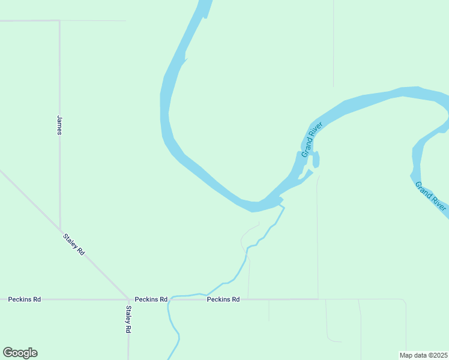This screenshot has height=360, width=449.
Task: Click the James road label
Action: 59,125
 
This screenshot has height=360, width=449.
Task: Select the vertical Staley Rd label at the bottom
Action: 128,319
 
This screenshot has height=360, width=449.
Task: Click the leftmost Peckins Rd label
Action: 24,299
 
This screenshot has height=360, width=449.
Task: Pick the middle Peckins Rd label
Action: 151,299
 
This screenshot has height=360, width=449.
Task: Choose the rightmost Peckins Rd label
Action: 223,299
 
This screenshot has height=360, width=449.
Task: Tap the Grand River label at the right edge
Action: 431,196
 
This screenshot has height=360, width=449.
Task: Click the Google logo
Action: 20,353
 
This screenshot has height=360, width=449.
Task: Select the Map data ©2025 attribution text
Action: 423,355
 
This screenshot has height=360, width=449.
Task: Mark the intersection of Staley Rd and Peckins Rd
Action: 128,299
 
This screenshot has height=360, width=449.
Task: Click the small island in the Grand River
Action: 316,160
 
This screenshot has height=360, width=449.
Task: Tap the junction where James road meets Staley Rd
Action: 60,229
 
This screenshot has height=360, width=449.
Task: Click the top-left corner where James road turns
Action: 59,21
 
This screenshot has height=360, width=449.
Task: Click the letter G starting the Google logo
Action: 8,352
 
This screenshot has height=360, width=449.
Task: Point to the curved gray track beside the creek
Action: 244,237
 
